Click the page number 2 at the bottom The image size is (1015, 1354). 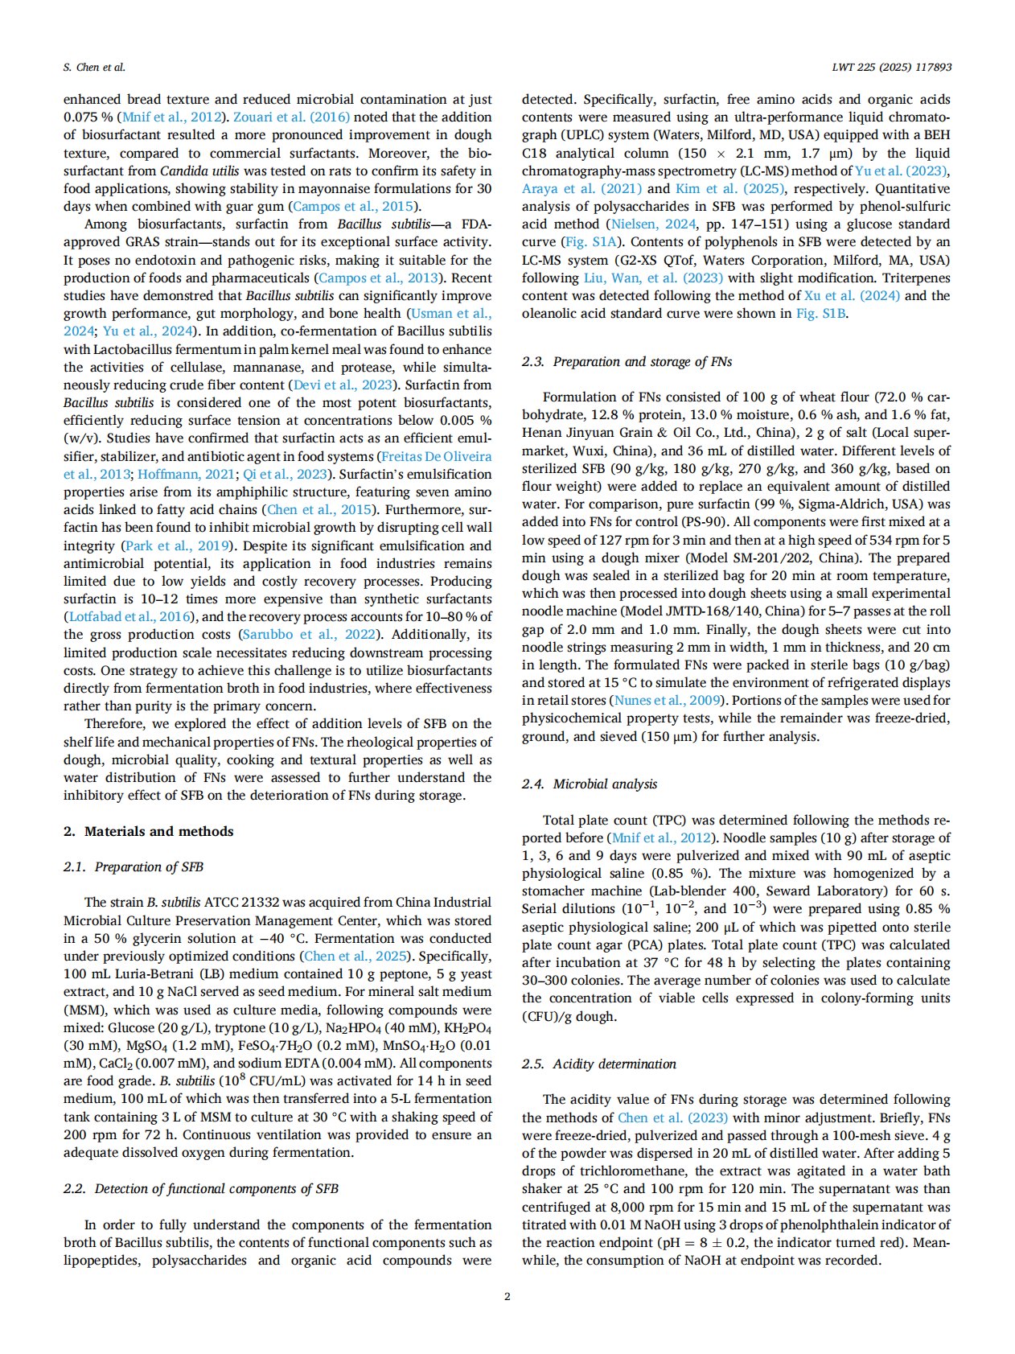[x=507, y=1296]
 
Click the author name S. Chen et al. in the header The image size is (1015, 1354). [x=94, y=68]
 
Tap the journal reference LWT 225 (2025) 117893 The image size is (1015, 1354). [x=891, y=68]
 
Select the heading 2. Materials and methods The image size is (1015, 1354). [x=149, y=831]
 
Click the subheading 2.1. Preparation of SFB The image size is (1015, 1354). [x=134, y=866]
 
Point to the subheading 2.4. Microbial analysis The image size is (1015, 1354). [x=590, y=784]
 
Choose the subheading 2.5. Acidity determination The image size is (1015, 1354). [x=599, y=1064]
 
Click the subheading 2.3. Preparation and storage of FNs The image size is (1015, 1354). [x=627, y=361]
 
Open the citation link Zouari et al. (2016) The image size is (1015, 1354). [x=291, y=117]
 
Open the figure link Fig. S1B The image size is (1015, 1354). [x=820, y=314]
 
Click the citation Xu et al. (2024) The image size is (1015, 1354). [x=852, y=296]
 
